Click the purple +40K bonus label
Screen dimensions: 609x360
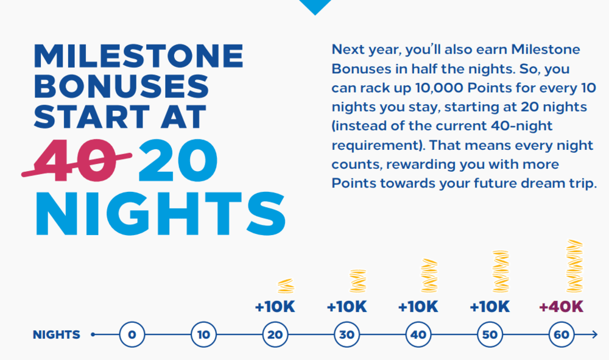(x=561, y=307)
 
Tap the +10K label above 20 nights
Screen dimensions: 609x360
(x=275, y=307)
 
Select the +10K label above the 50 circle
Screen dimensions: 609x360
(x=490, y=307)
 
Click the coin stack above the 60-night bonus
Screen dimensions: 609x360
(x=574, y=266)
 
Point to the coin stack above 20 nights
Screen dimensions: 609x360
(x=286, y=286)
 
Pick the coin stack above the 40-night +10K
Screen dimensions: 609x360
(x=429, y=275)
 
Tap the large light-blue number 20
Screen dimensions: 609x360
(x=178, y=160)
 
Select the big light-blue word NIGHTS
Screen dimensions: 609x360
(x=161, y=214)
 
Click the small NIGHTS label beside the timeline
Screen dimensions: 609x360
(x=57, y=335)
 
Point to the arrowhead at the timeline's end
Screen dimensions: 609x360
(x=594, y=334)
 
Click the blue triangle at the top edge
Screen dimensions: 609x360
(x=315, y=6)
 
